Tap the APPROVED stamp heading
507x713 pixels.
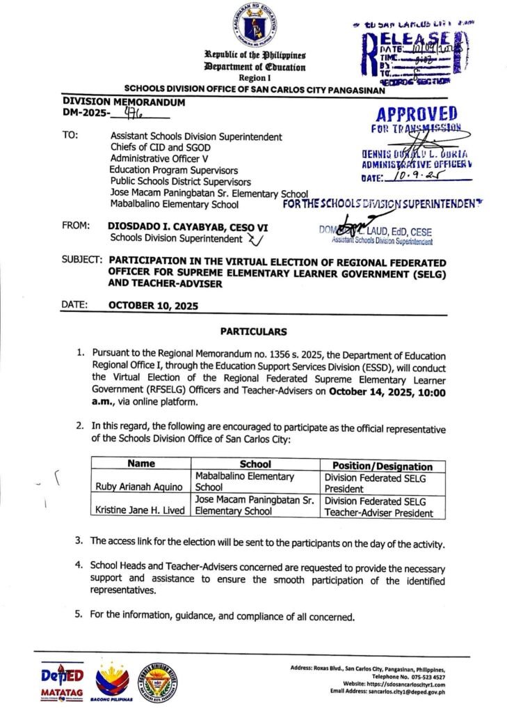(417, 113)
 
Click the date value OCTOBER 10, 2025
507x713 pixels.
(154, 305)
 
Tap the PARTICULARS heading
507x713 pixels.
(253, 331)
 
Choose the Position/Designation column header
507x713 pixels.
(383, 466)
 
